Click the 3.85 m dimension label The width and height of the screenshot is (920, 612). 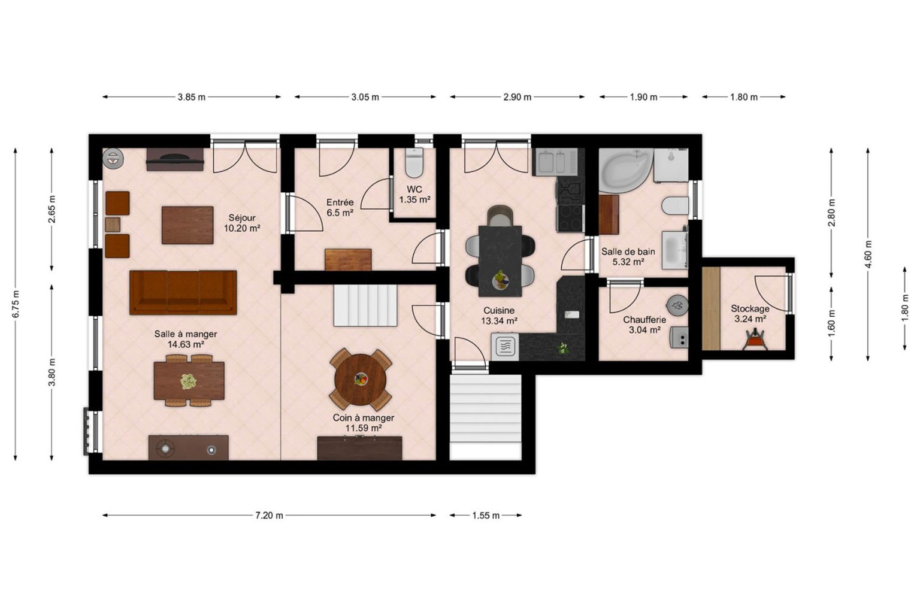coord(192,98)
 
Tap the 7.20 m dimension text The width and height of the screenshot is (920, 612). coord(269,516)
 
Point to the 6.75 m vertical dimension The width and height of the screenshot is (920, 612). coord(16,304)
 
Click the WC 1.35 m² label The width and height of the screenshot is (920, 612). coord(414,195)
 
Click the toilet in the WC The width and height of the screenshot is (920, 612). coord(414,163)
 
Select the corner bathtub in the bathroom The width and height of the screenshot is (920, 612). coord(625,171)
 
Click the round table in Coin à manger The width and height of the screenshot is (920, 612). coord(360,380)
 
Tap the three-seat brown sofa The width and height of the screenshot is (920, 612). coord(183,292)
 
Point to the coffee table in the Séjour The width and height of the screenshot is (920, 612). coord(187,225)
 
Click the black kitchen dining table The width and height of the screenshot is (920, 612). coord(500,261)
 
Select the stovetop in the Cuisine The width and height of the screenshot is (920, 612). coord(570,218)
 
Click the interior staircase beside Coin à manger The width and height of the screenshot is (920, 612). coord(365,305)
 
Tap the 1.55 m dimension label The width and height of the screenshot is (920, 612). coord(486,516)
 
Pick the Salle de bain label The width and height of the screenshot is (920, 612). coord(628,252)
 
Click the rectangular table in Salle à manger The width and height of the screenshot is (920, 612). coord(189,381)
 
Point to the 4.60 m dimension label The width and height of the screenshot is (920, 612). coord(868,255)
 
